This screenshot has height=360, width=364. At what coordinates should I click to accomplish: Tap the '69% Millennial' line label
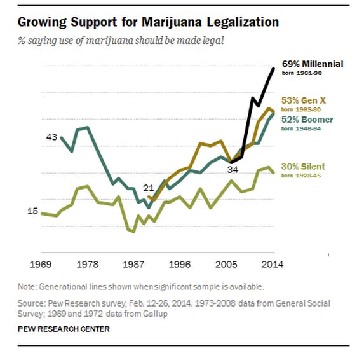(311, 64)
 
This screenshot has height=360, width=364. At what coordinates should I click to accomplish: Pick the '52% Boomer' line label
(307, 120)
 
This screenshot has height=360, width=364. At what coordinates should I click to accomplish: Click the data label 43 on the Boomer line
(51, 137)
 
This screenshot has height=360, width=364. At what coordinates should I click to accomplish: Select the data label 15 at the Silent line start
(32, 212)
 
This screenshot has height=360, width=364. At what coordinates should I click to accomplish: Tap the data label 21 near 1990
(148, 188)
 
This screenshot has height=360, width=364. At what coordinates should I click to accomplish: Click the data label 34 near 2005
(233, 170)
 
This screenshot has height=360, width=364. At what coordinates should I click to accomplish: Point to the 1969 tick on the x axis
(41, 264)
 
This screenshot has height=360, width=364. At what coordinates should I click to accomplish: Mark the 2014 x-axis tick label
(273, 264)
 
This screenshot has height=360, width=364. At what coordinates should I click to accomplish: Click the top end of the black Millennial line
(274, 68)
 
